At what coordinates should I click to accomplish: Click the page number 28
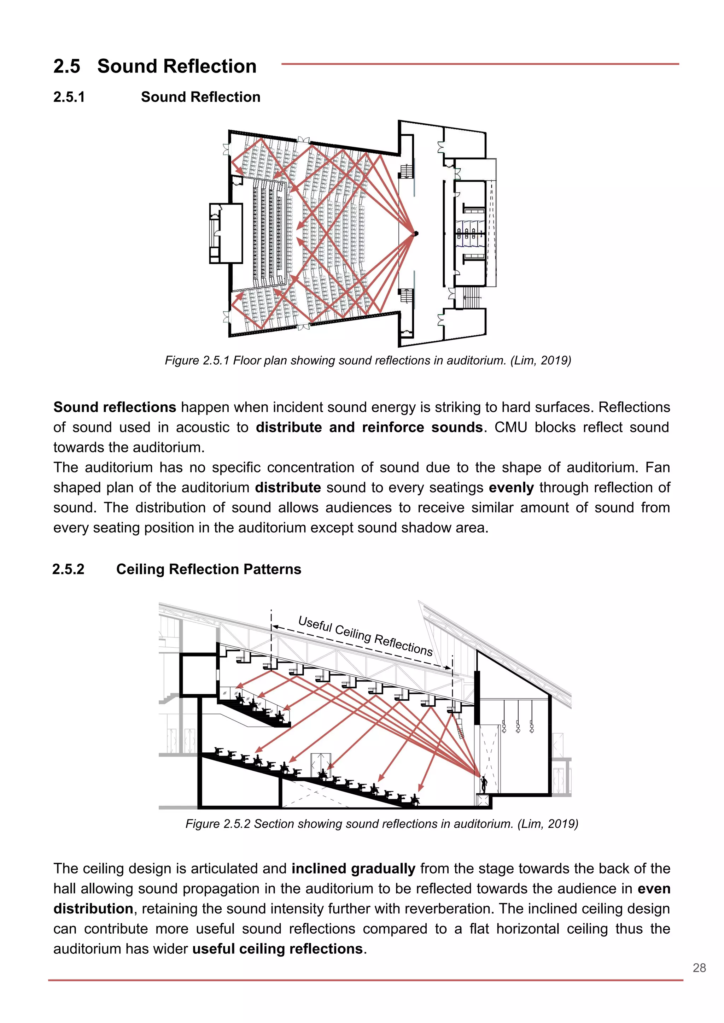coord(699,968)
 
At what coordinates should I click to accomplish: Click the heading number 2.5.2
coord(68,569)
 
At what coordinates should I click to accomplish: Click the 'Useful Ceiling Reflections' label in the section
coord(365,635)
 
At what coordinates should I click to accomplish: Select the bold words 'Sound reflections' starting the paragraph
coord(115,407)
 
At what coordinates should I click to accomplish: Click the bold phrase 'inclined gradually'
coord(353,869)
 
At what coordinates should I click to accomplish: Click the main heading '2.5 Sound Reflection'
coord(155,66)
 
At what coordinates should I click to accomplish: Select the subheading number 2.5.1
coord(69,97)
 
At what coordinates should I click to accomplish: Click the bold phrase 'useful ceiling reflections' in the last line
coord(277,949)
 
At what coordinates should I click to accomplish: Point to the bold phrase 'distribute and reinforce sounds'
coord(369,427)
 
